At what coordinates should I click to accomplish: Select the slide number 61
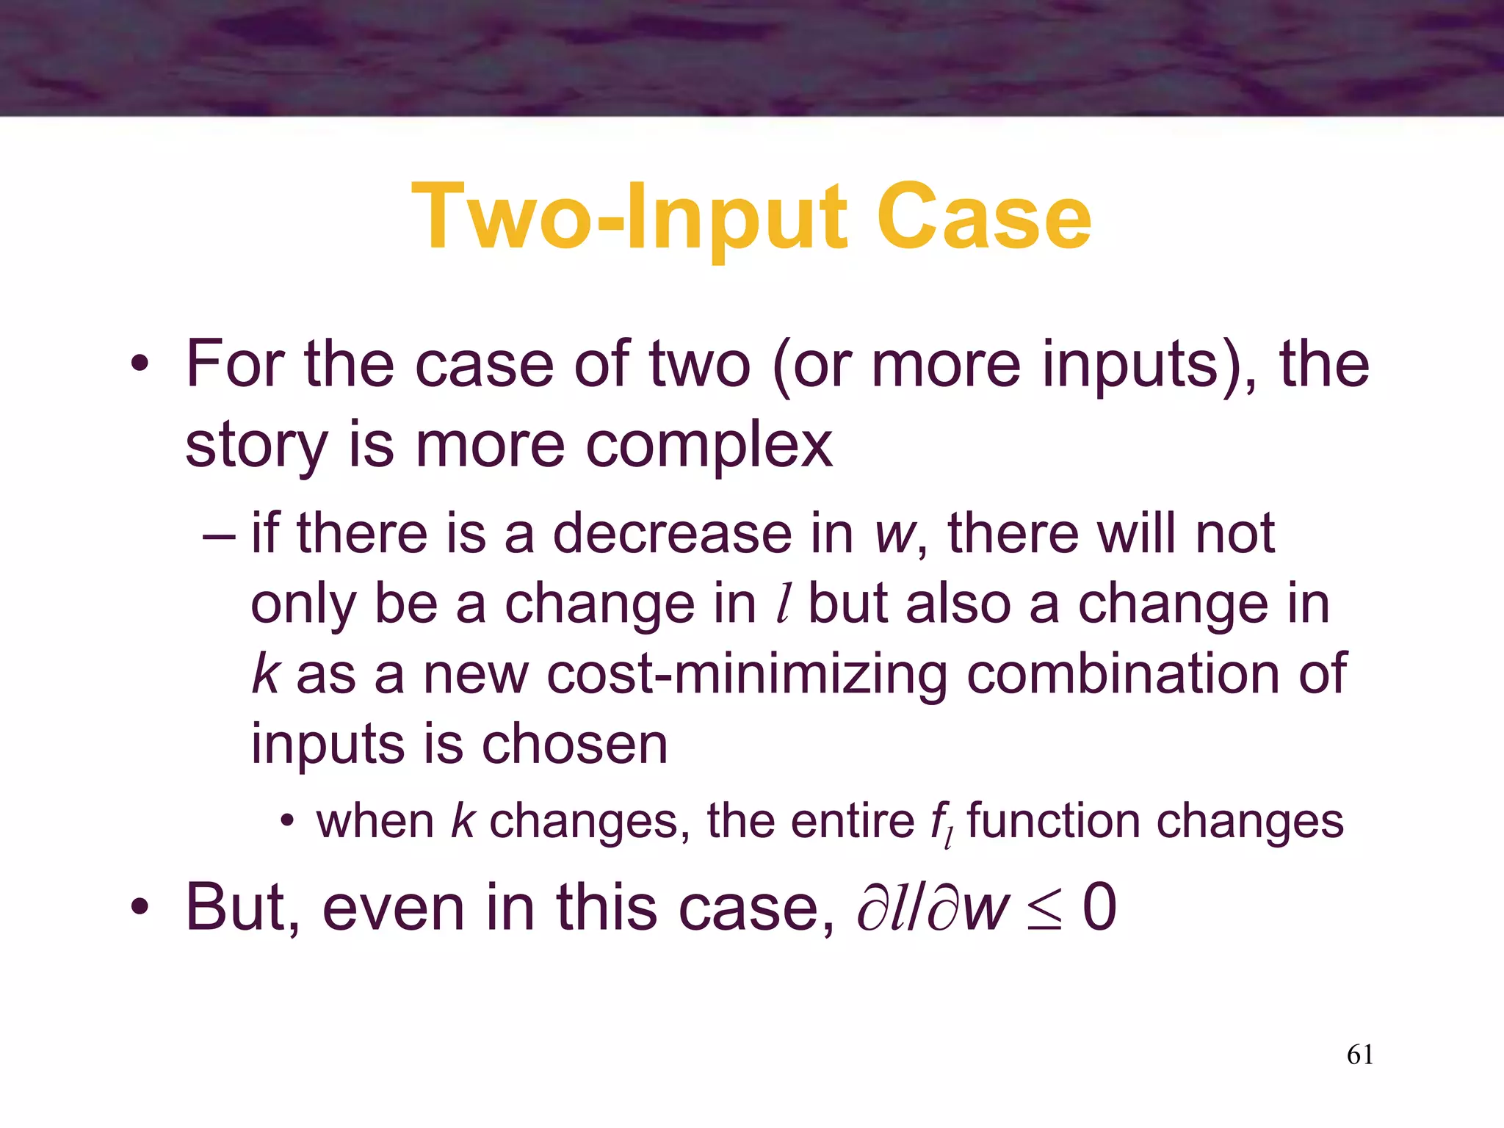pos(1360,1055)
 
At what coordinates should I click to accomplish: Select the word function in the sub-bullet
pos(1053,821)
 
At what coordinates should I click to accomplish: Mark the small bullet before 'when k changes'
pos(287,822)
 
